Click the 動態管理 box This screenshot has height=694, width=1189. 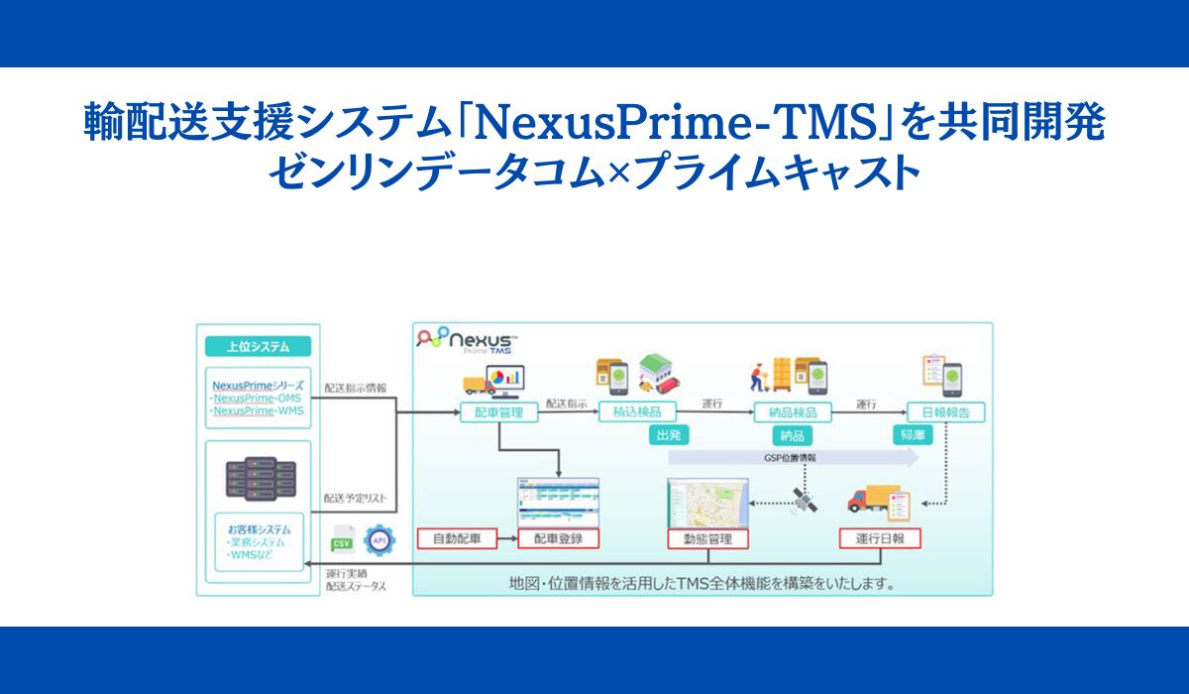tap(707, 539)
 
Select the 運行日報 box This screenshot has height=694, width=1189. tap(880, 539)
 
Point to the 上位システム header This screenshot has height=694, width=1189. tap(258, 347)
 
